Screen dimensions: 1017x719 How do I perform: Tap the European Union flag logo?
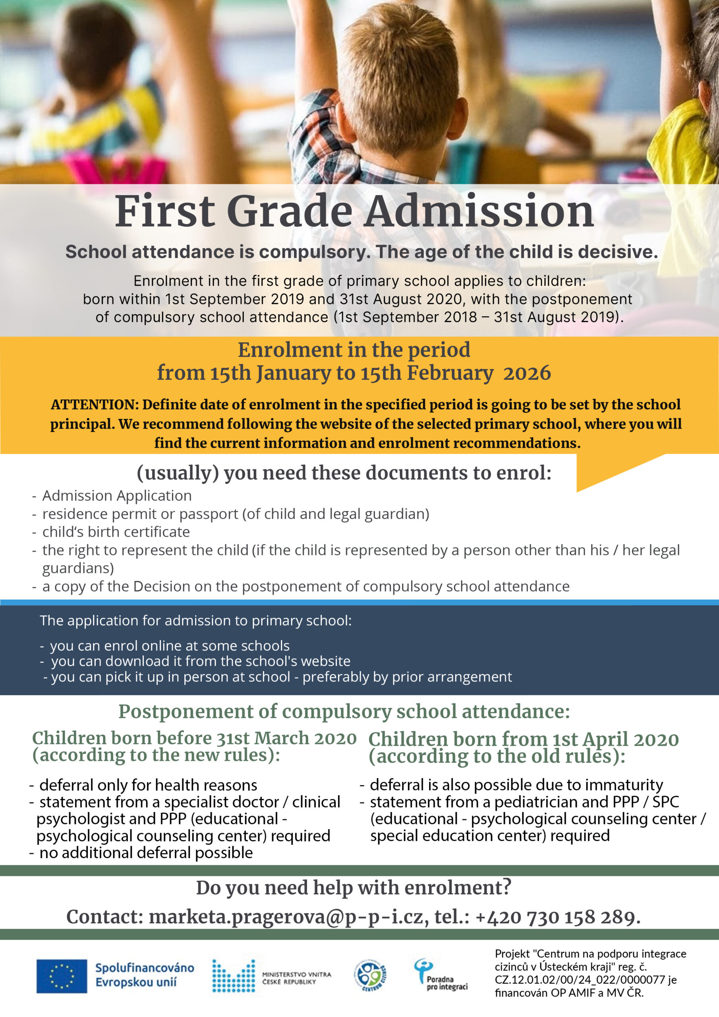pos(62,976)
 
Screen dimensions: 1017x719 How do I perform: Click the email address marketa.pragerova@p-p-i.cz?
pos(286,916)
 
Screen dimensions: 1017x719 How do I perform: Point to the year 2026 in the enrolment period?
pos(527,373)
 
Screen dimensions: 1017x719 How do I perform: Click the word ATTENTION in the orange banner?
pos(95,404)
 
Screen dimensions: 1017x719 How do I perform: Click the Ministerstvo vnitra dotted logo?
pos(234,976)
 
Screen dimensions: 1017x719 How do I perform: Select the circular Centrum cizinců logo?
pos(370,975)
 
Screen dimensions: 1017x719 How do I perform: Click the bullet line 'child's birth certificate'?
pos(116,532)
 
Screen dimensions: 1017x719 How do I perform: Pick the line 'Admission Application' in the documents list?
pos(117,495)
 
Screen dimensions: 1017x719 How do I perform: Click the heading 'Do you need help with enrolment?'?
pos(354,887)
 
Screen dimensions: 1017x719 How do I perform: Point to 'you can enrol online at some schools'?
pos(170,646)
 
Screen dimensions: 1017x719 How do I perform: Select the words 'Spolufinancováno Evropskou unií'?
pos(145,975)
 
